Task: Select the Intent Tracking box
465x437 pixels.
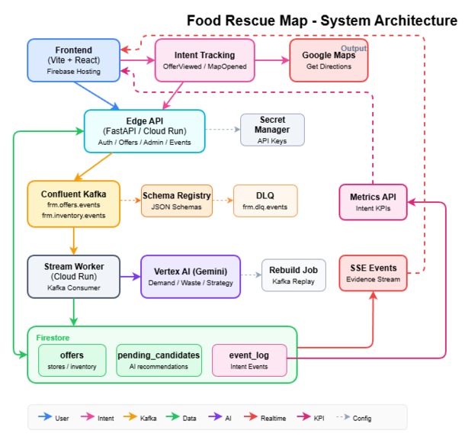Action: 205,60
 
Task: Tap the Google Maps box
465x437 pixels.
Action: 329,60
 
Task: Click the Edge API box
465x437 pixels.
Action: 144,130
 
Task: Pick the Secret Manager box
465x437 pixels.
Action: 272,130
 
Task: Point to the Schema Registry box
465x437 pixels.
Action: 177,201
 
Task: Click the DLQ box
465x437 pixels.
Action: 265,201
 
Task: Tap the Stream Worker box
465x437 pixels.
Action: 73,275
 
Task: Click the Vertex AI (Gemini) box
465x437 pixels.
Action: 191,276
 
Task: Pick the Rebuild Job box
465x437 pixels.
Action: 293,275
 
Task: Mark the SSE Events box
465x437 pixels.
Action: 373,273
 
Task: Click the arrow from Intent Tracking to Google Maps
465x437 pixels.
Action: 272,60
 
